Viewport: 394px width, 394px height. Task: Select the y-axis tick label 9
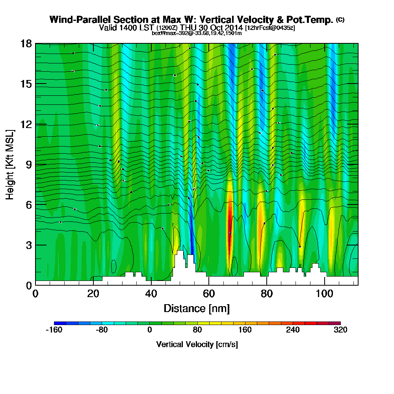pos(28,164)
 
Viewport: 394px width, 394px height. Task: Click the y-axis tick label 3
pos(28,245)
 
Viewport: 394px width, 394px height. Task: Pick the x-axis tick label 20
pos(93,294)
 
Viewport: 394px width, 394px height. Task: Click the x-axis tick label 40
pos(151,294)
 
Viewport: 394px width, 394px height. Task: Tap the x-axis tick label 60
pos(209,294)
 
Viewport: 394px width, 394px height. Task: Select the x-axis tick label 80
pos(267,294)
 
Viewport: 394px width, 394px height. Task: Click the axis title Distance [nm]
pos(197,308)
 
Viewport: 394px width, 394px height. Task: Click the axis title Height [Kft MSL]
pos(10,164)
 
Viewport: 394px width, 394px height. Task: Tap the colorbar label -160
pos(54,330)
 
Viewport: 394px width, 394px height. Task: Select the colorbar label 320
pos(340,330)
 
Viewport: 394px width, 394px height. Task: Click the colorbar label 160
pos(245,330)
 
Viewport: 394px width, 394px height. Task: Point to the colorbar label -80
pos(102,330)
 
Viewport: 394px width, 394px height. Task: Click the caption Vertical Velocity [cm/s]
pos(197,344)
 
